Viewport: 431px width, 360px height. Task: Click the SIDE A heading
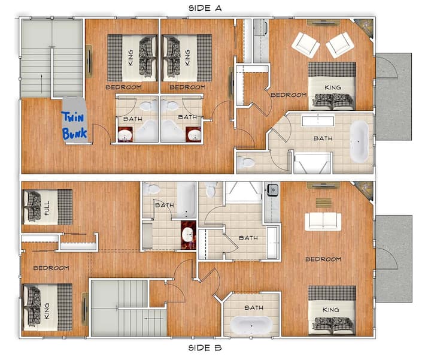pos(205,8)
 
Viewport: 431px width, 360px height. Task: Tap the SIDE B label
pos(205,348)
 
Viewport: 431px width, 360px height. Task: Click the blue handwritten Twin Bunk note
pos(74,125)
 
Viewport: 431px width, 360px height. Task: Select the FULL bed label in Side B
pos(47,208)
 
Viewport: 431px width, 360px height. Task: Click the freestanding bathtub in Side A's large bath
pos(359,141)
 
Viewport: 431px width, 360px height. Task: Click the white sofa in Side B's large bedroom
pos(323,222)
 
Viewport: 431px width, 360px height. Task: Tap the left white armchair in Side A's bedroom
pos(305,45)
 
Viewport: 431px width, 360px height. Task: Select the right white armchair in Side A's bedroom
pos(340,45)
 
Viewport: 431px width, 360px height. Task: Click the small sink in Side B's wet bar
pos(272,190)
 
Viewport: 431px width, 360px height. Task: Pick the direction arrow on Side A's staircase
pos(42,84)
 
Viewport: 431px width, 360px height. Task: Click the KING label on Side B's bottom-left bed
pos(47,311)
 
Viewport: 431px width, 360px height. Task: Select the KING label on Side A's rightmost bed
pos(333,87)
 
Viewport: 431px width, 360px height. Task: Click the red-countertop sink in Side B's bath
pos(189,235)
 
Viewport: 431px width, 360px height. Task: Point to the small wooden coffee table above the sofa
pos(323,202)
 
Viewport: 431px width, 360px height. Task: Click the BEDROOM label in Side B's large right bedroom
pos(323,259)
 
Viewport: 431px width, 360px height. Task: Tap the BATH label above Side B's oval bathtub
pos(254,307)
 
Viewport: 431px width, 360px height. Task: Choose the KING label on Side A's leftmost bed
pos(131,58)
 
